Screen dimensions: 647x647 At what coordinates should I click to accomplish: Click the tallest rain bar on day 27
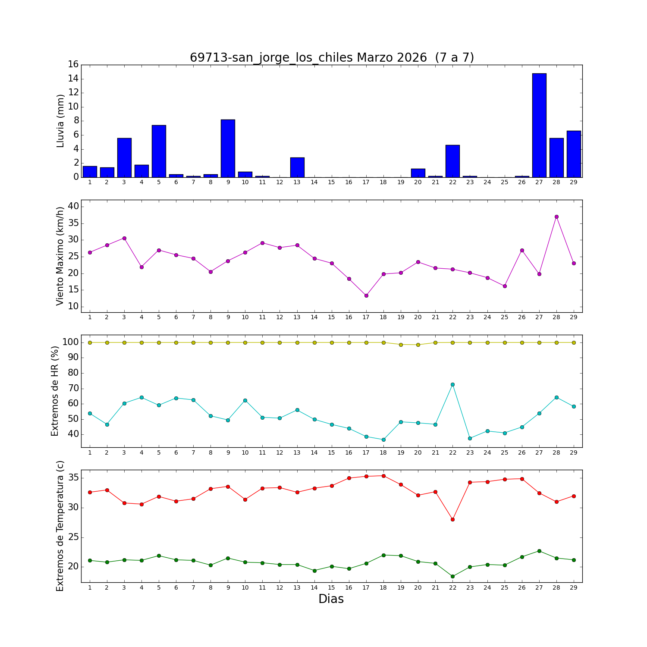[539, 125]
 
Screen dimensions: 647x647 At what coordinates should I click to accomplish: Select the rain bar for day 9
[228, 148]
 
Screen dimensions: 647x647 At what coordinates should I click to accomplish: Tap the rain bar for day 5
[159, 151]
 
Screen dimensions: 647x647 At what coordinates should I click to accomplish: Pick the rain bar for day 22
[452, 161]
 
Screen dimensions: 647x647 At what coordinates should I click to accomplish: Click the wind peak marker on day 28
[556, 217]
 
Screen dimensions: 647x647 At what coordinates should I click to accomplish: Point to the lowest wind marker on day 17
[366, 295]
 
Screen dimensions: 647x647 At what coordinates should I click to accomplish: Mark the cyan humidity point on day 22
[452, 384]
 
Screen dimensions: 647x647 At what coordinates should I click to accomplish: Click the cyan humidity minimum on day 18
[383, 440]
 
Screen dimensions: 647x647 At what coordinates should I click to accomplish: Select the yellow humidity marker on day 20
[418, 345]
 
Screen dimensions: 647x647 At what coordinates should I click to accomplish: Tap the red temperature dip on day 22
[452, 519]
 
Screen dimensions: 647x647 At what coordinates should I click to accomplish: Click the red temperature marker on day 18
[383, 476]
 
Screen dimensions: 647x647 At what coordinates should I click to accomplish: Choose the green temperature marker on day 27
[539, 551]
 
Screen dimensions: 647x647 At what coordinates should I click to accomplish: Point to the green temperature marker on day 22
[452, 576]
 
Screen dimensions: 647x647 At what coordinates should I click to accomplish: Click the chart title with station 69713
[332, 57]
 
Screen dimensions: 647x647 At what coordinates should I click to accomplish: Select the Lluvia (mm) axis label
[60, 121]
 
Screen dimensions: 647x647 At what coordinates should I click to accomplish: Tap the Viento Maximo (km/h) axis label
[60, 256]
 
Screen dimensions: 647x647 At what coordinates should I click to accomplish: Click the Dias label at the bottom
[331, 599]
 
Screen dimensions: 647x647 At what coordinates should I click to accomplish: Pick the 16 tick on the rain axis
[73, 64]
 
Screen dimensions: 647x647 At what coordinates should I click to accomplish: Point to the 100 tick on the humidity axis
[71, 342]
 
